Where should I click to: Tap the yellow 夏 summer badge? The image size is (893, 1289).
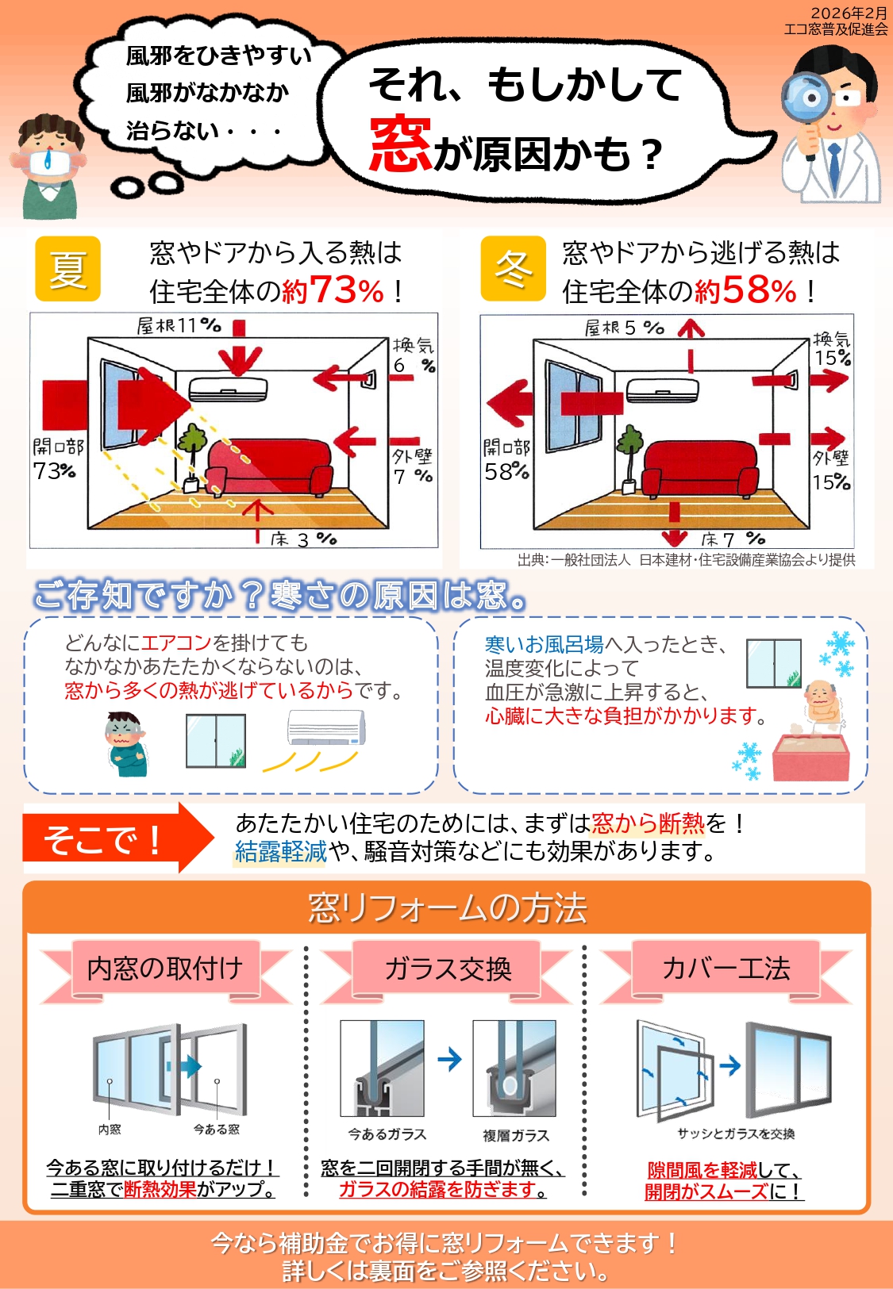68,269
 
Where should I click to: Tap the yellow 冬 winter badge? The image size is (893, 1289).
513,269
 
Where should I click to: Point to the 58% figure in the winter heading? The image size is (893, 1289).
759,290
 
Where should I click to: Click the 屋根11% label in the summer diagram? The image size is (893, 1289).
179,326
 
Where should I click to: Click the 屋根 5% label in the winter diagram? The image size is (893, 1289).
625,328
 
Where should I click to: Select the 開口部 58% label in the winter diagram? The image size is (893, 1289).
507,460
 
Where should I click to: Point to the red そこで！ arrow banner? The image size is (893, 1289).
118,838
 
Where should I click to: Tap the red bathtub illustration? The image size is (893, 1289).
810,758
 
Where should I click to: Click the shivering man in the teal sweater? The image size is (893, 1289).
127,744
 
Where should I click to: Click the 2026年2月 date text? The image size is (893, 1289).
849,13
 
